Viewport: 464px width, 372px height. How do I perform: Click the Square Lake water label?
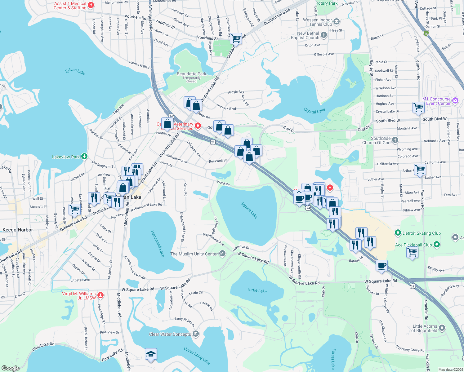pyautogui.click(x=249, y=210)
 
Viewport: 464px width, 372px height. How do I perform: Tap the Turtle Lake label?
pyautogui.click(x=257, y=290)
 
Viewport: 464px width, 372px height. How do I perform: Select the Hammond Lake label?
pyautogui.click(x=158, y=243)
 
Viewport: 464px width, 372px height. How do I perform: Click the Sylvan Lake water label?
pyautogui.click(x=75, y=72)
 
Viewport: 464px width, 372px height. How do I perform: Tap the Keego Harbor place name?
pyautogui.click(x=18, y=230)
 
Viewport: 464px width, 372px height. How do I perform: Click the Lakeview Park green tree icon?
pyautogui.click(x=84, y=157)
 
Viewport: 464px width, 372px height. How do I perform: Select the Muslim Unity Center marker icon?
pyautogui.click(x=222, y=254)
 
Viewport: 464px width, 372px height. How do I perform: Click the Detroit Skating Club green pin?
pyautogui.click(x=398, y=233)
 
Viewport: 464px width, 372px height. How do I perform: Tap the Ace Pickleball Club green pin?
pyautogui.click(x=437, y=245)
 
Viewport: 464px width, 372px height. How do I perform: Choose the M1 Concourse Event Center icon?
pyautogui.click(x=455, y=100)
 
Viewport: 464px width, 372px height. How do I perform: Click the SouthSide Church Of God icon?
pyautogui.click(x=395, y=140)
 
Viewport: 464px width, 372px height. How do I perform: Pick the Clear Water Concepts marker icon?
pyautogui.click(x=195, y=334)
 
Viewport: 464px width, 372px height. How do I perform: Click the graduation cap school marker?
pyautogui.click(x=151, y=354)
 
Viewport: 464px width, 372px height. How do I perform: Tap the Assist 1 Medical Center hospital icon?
pyautogui.click(x=91, y=5)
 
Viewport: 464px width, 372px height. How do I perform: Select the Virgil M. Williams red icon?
pyautogui.click(x=100, y=295)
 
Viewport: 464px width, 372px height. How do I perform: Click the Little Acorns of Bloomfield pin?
pyautogui.click(x=442, y=328)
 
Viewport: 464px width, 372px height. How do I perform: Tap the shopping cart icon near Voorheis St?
pyautogui.click(x=236, y=38)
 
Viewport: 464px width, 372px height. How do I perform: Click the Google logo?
pyautogui.click(x=10, y=368)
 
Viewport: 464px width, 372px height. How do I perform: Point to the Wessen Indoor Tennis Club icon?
pyautogui.click(x=337, y=22)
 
